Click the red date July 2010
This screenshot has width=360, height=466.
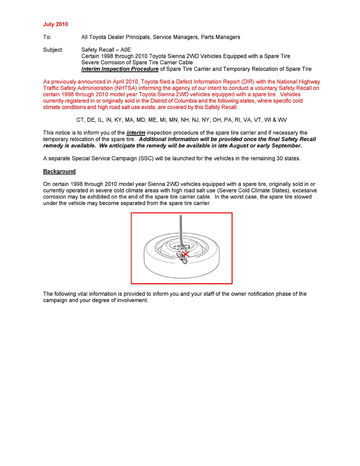pos(55,24)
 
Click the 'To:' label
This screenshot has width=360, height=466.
pos(47,37)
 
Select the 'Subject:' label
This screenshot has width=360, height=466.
pos(53,50)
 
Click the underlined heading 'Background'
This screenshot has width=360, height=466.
pos(59,171)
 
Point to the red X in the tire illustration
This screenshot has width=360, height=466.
pos(186,254)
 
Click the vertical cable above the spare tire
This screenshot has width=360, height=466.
pos(180,228)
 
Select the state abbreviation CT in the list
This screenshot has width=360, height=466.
pos(80,120)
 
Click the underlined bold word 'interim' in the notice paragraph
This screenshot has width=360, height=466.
pos(136,133)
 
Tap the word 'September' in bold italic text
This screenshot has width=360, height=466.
pos(286,146)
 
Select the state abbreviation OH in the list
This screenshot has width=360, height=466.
pos(217,120)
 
